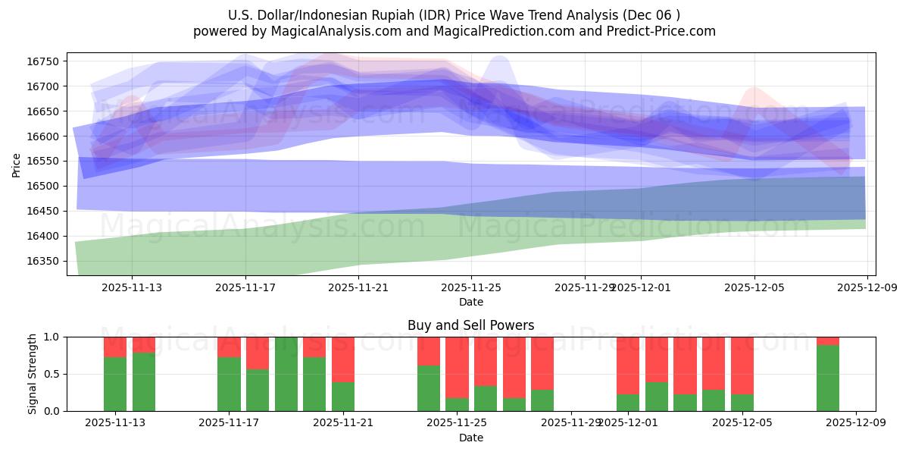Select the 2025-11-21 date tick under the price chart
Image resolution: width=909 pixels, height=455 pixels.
coord(358,287)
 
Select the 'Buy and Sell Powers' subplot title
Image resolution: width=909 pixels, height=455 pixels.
coord(470,325)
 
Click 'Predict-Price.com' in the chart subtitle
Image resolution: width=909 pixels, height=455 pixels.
coord(653,31)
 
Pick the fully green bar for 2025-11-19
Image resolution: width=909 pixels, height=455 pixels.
coord(286,374)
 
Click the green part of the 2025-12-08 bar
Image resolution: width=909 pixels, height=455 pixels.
coord(828,378)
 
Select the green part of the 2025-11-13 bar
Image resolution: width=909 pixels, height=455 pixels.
coord(115,384)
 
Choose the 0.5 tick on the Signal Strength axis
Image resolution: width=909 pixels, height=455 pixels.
coord(52,374)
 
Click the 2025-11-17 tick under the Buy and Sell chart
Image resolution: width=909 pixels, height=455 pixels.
coord(229,423)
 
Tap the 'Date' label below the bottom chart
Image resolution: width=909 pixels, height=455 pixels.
coord(470,438)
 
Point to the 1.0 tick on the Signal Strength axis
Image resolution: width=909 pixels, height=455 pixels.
coord(52,337)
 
